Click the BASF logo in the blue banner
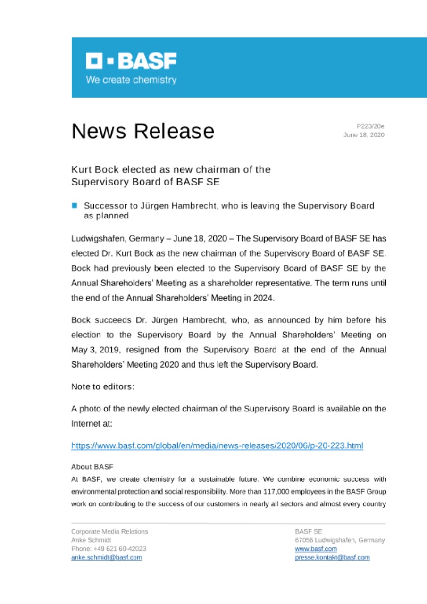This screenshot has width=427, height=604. pyautogui.click(x=131, y=61)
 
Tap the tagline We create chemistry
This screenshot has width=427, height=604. pyautogui.click(x=131, y=80)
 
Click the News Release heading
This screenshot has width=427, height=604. pyautogui.click(x=142, y=131)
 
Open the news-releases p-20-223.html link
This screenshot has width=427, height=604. pyautogui.click(x=217, y=445)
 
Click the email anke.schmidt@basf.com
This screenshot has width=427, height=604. pyautogui.click(x=106, y=557)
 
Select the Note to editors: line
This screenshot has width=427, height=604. pyautogui.click(x=103, y=386)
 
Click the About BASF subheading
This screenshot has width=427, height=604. pyautogui.click(x=92, y=467)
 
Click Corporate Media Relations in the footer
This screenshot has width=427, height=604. pyautogui.click(x=109, y=531)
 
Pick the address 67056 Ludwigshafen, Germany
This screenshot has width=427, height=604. pyautogui.click(x=340, y=540)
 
